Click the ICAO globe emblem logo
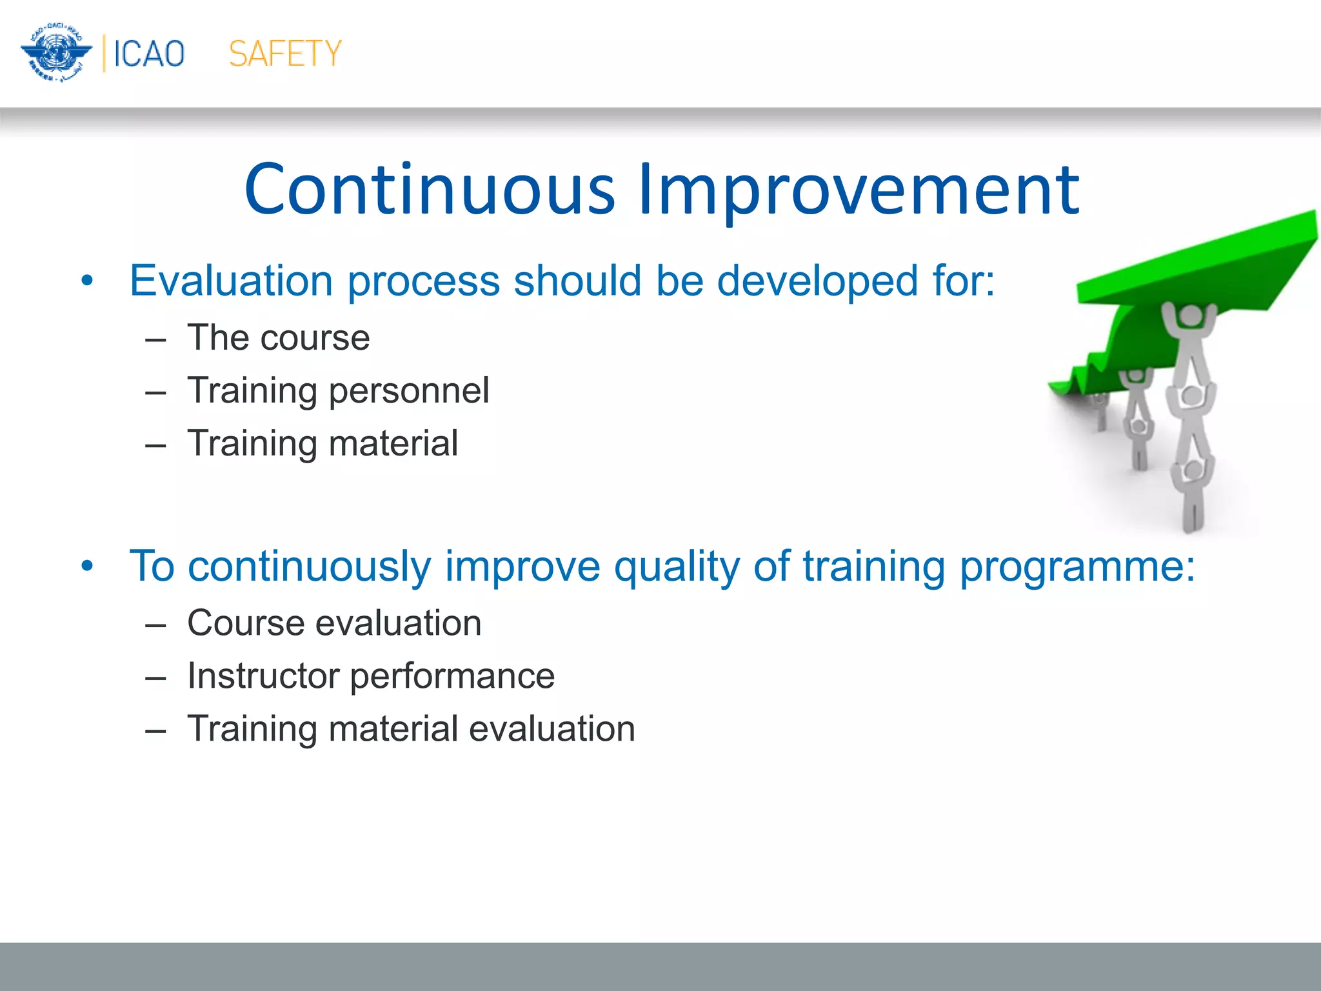(x=55, y=53)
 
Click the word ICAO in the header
(x=149, y=54)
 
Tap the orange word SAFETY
(x=285, y=54)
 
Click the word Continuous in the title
(x=430, y=190)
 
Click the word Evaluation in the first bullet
(x=231, y=281)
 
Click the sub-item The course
(x=278, y=337)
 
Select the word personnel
(x=409, y=391)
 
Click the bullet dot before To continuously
(x=88, y=566)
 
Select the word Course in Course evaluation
(x=246, y=623)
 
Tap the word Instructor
(x=263, y=676)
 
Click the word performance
(x=452, y=676)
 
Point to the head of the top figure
(x=1189, y=316)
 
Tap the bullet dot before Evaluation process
(x=88, y=281)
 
